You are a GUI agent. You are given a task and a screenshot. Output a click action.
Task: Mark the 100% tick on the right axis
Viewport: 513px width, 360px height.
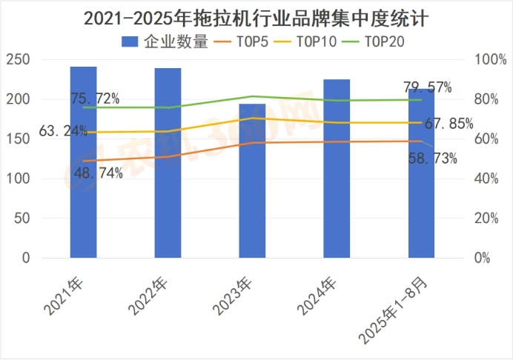[x=485, y=59]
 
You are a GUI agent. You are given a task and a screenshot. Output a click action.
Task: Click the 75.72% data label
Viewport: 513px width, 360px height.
[x=96, y=98]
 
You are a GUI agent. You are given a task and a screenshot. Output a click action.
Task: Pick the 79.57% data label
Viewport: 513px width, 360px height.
[x=428, y=87]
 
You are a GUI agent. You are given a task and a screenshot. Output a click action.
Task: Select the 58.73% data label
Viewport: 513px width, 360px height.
[x=432, y=157]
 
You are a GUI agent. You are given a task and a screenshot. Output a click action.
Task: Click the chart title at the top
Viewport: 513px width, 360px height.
[x=256, y=16]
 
